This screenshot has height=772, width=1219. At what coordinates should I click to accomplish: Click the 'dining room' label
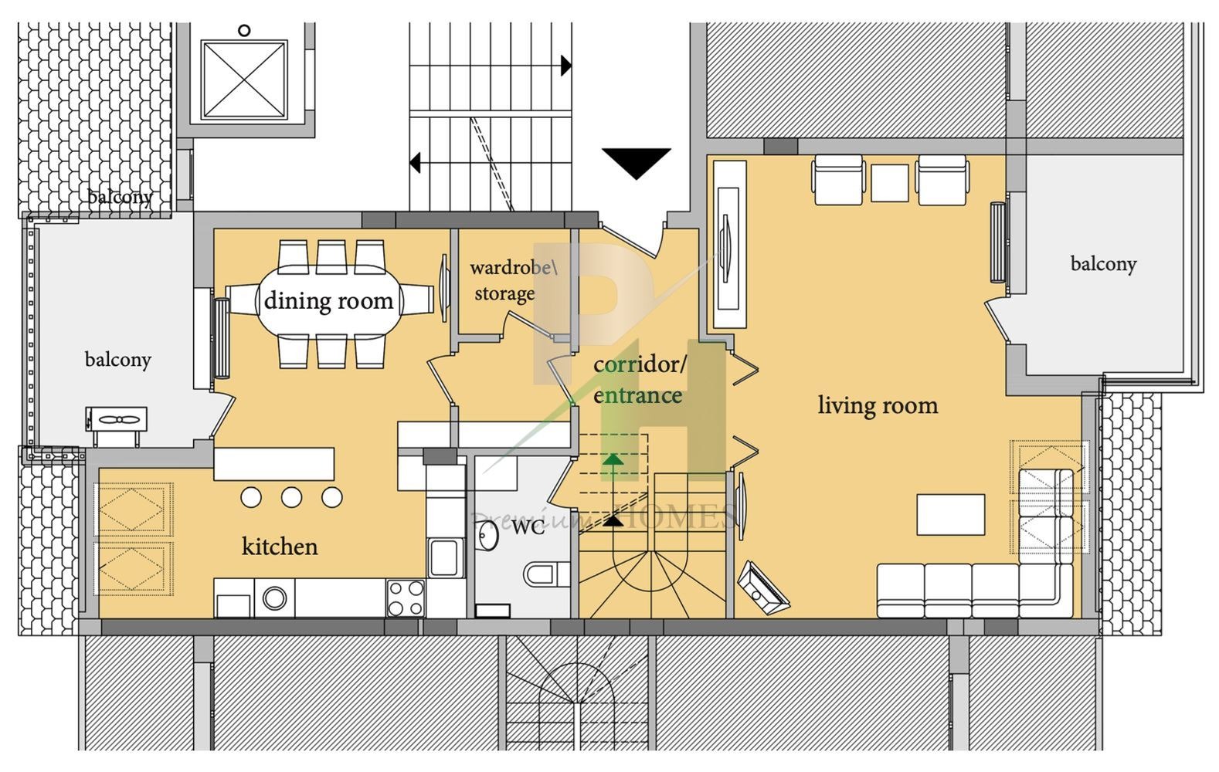[x=328, y=300]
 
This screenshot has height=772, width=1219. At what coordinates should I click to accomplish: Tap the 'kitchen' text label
[x=280, y=547]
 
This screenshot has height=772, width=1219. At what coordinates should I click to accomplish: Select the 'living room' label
[x=878, y=405]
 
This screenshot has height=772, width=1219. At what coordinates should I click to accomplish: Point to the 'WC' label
[x=528, y=527]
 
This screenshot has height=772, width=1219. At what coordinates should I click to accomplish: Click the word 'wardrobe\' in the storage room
[x=514, y=267]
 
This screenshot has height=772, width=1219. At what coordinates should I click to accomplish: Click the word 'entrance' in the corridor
[x=638, y=395]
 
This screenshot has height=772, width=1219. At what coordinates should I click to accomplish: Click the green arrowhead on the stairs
[x=613, y=459]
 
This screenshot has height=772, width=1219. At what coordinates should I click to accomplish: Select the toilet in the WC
[x=547, y=574]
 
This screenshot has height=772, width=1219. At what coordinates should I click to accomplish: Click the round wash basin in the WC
[x=487, y=536]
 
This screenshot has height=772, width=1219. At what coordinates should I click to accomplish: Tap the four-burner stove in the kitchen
[x=406, y=598]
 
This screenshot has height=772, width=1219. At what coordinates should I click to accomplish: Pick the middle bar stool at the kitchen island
[x=292, y=497]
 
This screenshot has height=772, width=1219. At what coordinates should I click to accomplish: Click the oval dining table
[x=330, y=300]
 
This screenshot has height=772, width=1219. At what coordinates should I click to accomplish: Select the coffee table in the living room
[x=951, y=514]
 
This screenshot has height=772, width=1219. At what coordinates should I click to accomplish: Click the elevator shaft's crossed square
[x=244, y=80]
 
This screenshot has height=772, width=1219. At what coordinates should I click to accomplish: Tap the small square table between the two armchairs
[x=890, y=183]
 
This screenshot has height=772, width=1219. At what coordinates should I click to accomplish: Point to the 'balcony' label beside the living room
[x=1104, y=264]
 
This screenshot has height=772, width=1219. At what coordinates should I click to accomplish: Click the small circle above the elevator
[x=245, y=30]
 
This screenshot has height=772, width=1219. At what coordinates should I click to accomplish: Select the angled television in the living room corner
[x=763, y=588]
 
